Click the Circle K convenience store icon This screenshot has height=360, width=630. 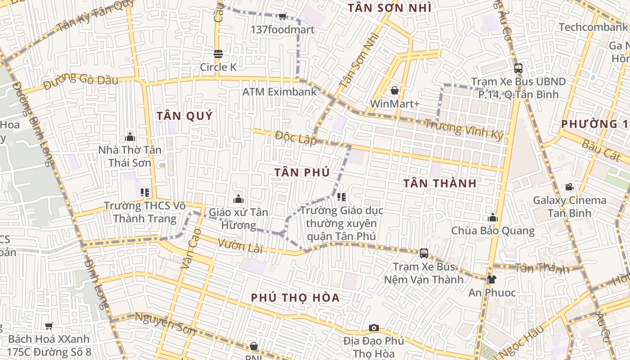tap(218, 54)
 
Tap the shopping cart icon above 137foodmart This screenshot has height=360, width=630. tap(282, 17)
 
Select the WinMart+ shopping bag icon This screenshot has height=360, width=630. tap(395, 90)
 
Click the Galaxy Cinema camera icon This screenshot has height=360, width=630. tap(569, 187)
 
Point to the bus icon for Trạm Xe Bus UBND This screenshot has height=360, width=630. tap(518, 68)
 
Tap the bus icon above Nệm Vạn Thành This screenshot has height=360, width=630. tap(423, 253)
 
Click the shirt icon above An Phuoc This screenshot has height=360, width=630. tap(491, 279)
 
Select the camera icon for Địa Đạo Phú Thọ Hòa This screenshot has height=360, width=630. tap(373, 328)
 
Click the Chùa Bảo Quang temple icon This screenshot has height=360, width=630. tap(493, 218)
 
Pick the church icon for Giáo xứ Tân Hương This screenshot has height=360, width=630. tap(238, 198)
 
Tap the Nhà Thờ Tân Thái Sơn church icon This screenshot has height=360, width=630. tap(130, 136)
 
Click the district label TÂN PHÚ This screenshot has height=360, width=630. tap(302, 172)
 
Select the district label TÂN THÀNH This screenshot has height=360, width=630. tap(440, 183)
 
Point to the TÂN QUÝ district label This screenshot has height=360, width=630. tap(184, 116)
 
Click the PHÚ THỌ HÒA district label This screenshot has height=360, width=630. tap(295, 297)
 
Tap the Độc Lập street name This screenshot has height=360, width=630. tap(296, 138)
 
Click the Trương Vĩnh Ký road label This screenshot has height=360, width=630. tap(463, 129)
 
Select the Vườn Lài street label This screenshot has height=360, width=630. tap(240, 246)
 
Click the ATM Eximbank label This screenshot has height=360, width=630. tap(279, 92)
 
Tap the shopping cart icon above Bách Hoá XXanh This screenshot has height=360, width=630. tap(49, 326)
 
